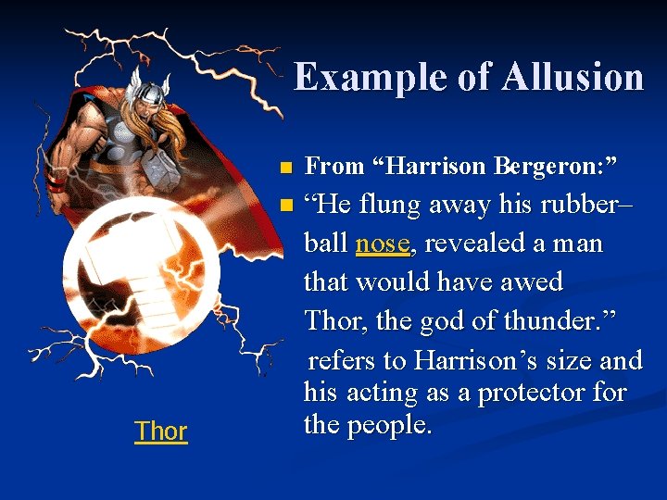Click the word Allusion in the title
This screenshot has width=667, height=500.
573,77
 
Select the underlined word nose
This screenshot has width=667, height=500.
382,244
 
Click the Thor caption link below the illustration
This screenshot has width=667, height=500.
160,431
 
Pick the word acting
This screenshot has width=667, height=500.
381,393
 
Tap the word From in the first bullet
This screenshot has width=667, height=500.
333,167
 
